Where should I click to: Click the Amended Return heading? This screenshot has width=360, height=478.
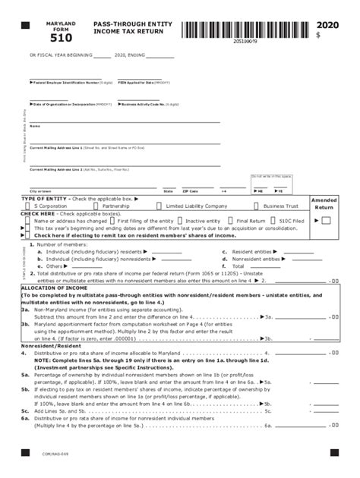(x=324, y=203)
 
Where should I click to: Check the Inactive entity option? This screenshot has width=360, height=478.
(x=203, y=221)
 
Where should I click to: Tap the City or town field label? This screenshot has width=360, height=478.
(x=40, y=191)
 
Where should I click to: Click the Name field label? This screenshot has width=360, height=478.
(x=34, y=126)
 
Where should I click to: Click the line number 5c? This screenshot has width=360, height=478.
(x=25, y=410)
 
